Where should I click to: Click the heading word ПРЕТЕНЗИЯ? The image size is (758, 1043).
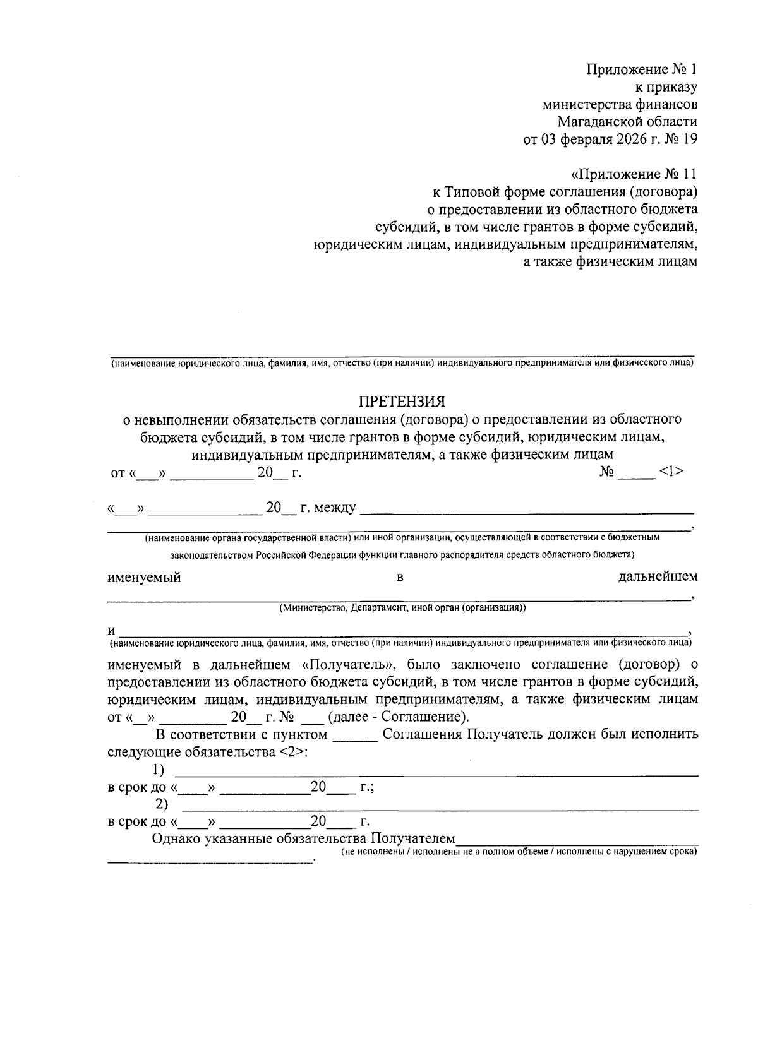tap(402, 402)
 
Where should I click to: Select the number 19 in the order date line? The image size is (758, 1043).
tap(690, 140)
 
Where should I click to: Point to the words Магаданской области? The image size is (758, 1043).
tap(627, 122)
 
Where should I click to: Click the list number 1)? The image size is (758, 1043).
tap(158, 770)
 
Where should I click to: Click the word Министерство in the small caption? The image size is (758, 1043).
tap(311, 608)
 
